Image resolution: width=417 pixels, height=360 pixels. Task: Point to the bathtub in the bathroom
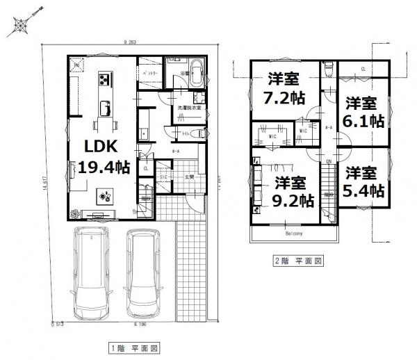pos(195,73)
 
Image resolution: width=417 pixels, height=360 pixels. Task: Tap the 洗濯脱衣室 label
pos(189,108)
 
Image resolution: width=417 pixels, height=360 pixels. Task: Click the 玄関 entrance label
pos(188,177)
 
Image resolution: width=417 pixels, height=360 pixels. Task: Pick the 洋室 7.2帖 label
pos(279,89)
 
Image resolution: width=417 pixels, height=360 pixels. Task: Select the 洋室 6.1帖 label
pos(362,112)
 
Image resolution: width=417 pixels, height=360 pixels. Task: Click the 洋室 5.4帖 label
pos(362,181)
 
